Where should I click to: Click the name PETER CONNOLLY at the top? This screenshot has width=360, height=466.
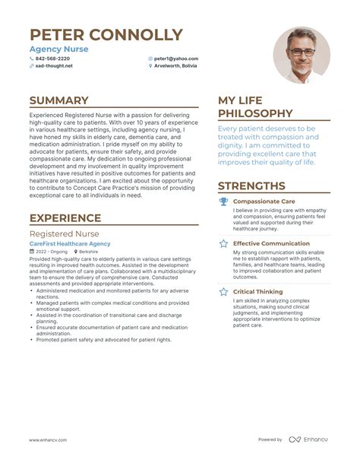coord(106,35)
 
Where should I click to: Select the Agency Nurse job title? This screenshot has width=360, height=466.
coord(58,49)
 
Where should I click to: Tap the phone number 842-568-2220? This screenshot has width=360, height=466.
coord(52,59)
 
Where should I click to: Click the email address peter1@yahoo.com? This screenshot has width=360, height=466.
coord(175,59)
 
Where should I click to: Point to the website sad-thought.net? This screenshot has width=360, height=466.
coord(54,66)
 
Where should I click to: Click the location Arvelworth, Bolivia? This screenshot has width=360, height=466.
coord(175,66)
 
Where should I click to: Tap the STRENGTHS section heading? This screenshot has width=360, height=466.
coord(251,185)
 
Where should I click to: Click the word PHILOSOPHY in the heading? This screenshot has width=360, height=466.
coord(254,113)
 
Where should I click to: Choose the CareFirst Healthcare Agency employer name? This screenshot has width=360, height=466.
coord(70,243)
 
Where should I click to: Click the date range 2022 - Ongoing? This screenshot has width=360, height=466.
coord(51,251)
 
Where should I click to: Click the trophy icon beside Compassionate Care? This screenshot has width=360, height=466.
coord(223,201)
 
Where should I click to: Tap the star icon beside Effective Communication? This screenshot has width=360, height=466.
coord(223,243)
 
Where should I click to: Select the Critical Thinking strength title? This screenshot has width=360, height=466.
coord(257,291)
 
